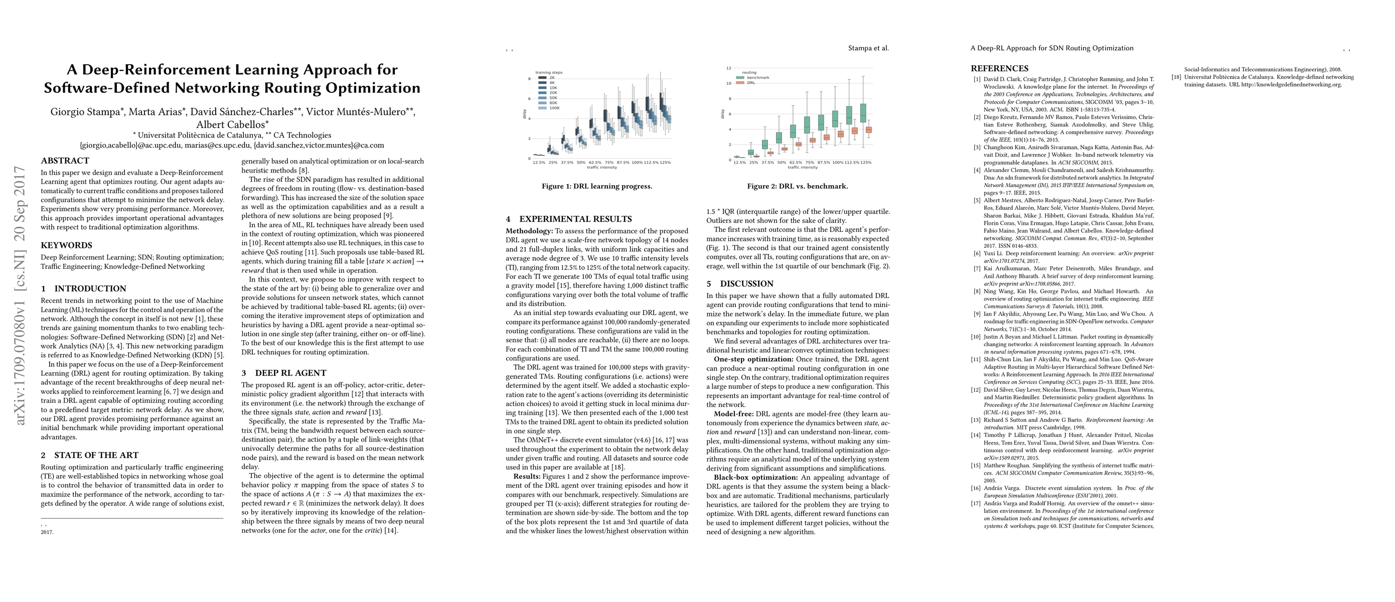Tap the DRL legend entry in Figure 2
(x=751, y=83)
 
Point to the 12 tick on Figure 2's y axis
(x=729, y=68)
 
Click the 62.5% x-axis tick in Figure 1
(x=594, y=163)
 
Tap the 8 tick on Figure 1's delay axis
(x=529, y=79)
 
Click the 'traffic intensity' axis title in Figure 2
(x=803, y=167)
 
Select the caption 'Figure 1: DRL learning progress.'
(x=597, y=186)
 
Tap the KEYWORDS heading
(x=67, y=245)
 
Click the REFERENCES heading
(x=999, y=69)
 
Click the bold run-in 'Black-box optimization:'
(x=755, y=478)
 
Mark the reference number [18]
(x=1176, y=77)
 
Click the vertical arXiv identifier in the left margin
(x=21, y=295)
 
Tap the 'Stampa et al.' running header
(x=868, y=48)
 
